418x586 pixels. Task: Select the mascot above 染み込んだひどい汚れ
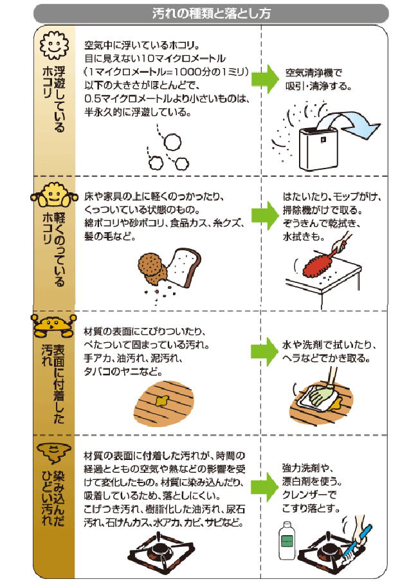point(53,452)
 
